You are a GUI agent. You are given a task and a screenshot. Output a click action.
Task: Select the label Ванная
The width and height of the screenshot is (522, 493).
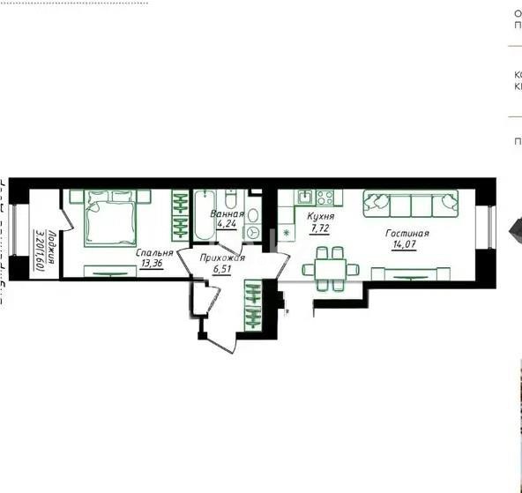(227, 213)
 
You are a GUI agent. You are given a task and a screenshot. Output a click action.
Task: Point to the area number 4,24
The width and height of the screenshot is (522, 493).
(227, 224)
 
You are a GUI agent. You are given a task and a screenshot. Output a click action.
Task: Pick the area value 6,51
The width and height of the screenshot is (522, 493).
(220, 270)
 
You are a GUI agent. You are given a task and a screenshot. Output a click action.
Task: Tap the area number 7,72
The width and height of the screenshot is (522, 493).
(318, 228)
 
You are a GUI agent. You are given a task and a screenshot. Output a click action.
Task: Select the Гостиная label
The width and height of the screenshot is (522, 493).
(406, 234)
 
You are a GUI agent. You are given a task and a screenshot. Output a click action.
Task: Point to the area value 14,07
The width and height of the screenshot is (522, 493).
(406, 246)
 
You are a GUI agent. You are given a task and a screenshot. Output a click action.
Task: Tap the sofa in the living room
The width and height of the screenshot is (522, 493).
(411, 204)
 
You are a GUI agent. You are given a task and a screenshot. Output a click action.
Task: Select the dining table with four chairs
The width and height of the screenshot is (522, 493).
(331, 268)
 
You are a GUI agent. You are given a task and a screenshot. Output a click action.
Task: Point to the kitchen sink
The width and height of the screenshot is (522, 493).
(305, 198)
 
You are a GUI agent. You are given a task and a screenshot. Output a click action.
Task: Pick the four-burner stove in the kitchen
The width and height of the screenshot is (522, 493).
(325, 198)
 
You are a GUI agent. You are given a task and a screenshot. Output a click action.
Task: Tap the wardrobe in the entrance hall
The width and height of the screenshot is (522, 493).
(253, 304)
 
